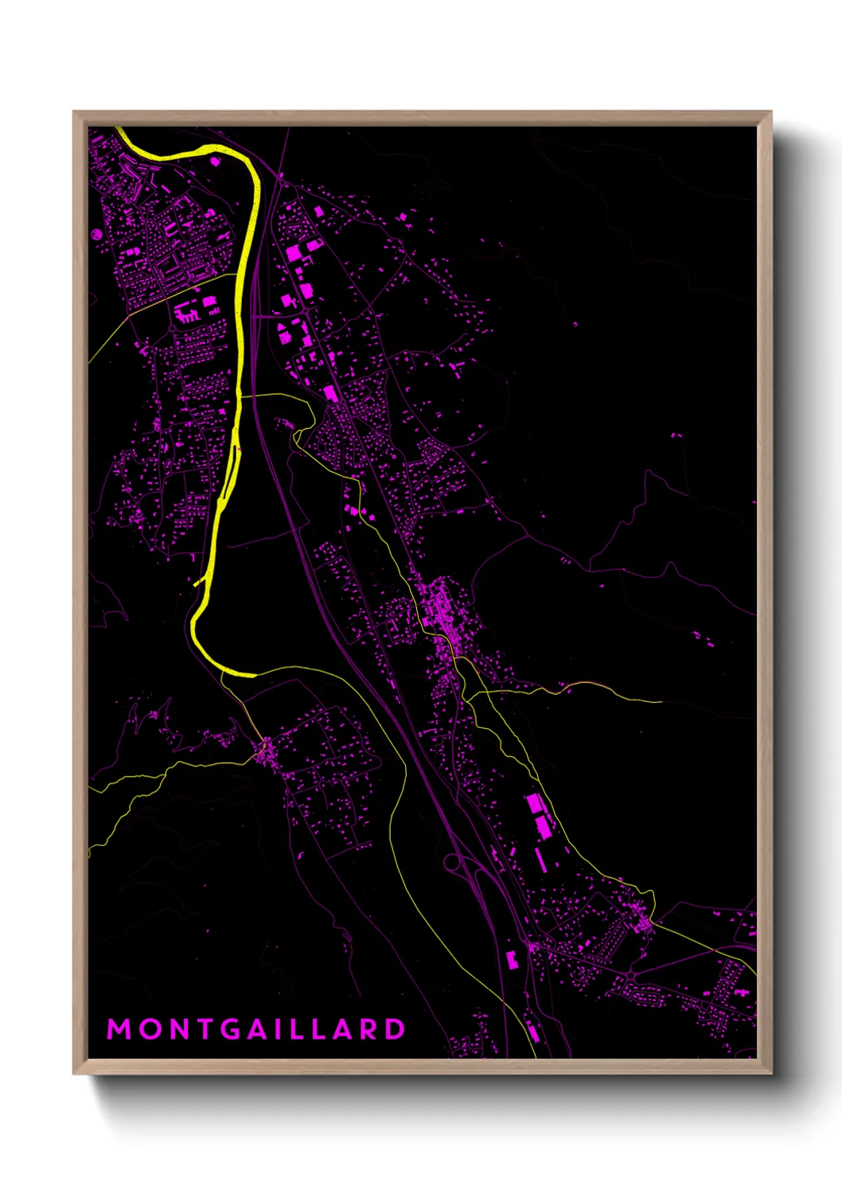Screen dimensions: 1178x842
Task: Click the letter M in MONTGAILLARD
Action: pos(119,1029)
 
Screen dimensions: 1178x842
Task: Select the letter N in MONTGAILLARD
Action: pos(179,1029)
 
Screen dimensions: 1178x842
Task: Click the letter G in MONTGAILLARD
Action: pos(232,1029)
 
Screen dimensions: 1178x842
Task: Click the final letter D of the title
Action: pos(395,1029)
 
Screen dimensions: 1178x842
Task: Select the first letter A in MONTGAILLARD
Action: pos(259,1029)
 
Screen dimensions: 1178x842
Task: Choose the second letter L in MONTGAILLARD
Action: pos(319,1029)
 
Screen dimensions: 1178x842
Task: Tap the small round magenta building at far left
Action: pos(96,235)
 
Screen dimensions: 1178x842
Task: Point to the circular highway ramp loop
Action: pos(453,862)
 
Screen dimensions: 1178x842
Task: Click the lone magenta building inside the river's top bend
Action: pos(214,162)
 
